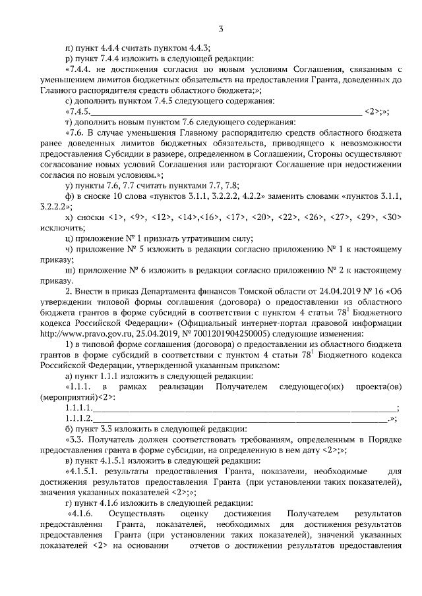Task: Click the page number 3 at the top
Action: pos(222,28)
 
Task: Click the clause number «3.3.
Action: pos(77,439)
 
